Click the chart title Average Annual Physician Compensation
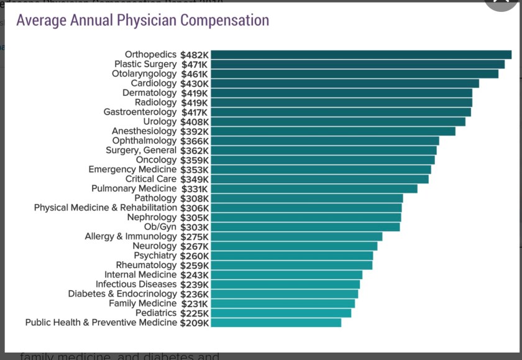click(x=142, y=20)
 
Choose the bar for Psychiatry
click(x=291, y=256)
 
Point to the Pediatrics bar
click(x=280, y=313)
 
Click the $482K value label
click(x=195, y=55)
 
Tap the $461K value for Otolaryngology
click(x=195, y=74)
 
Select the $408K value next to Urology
click(x=195, y=122)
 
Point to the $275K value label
click(x=195, y=237)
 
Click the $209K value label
click(x=195, y=323)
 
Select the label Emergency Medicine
click(x=132, y=169)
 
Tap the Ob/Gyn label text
click(x=160, y=227)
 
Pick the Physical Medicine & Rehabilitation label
click(x=105, y=208)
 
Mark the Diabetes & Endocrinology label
click(x=122, y=293)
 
